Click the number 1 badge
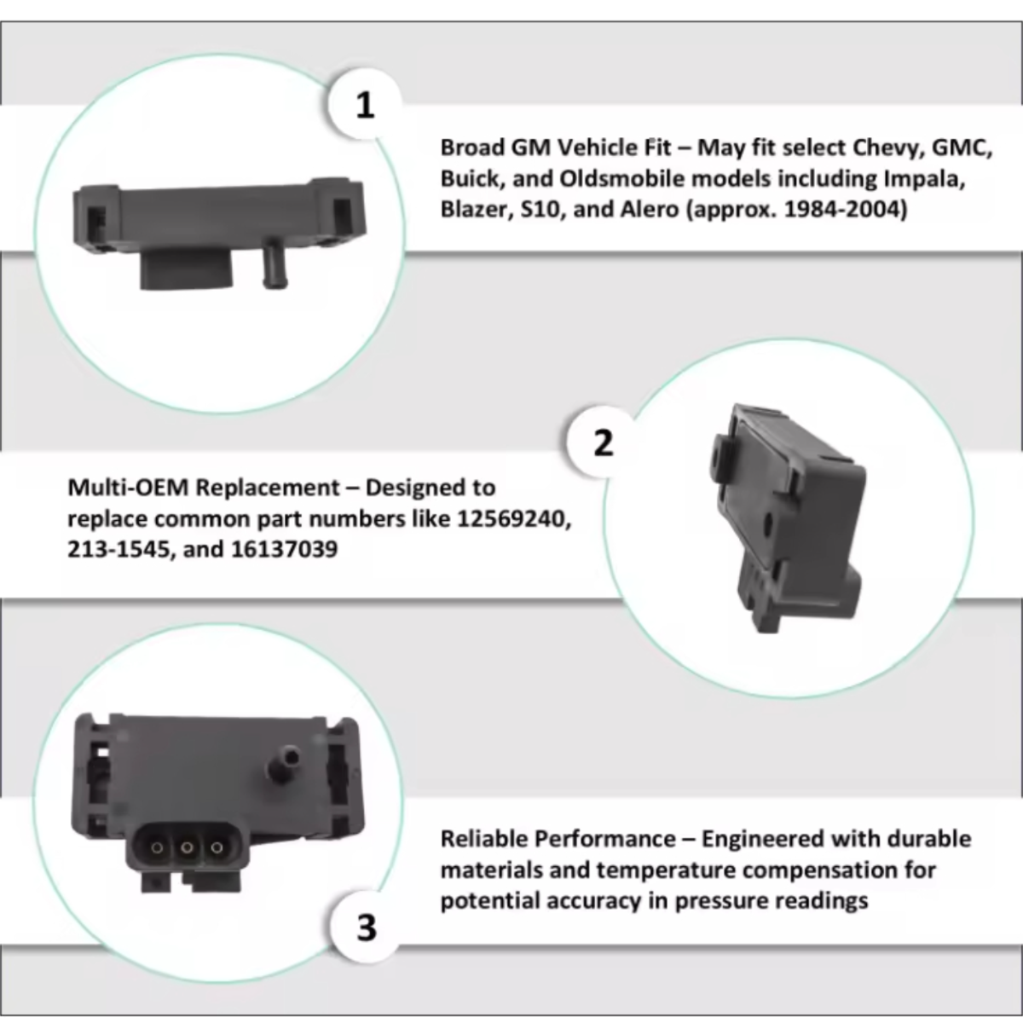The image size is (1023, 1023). [x=365, y=106]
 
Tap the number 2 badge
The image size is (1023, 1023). [x=603, y=443]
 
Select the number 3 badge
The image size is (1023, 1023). [x=367, y=928]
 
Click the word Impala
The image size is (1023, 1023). [x=924, y=179]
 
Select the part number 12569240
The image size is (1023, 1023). [x=514, y=518]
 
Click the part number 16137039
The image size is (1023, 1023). [x=284, y=550]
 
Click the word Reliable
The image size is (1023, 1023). [x=483, y=839]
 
